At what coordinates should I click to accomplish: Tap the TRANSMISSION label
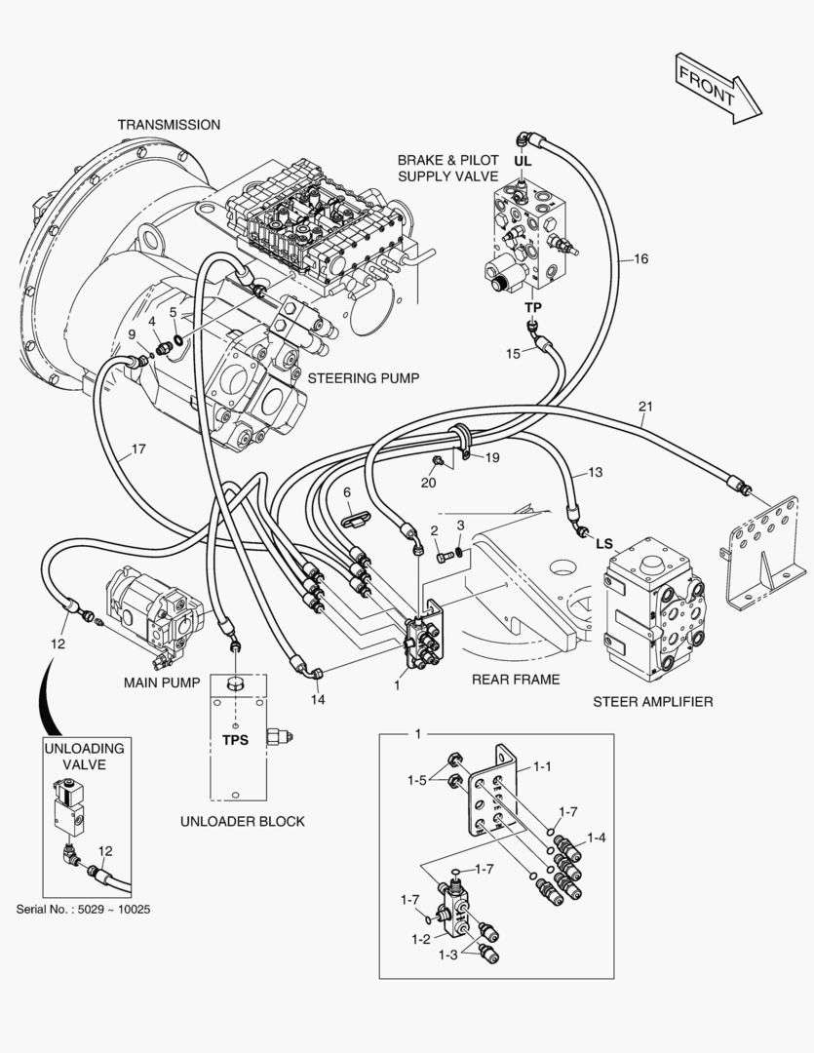169,125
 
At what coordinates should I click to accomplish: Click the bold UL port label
523,160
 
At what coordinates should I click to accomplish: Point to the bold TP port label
532,307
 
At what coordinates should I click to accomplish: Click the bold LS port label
604,543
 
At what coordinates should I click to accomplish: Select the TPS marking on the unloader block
235,739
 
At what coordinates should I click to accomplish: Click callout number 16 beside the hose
640,259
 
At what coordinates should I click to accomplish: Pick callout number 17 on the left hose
138,449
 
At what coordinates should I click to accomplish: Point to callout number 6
346,492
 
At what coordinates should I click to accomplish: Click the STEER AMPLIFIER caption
652,701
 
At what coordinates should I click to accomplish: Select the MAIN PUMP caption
162,682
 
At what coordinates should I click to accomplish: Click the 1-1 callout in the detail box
542,767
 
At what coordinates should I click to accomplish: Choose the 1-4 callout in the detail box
597,838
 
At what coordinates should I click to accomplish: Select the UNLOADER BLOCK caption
243,821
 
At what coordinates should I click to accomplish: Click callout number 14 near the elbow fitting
318,699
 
